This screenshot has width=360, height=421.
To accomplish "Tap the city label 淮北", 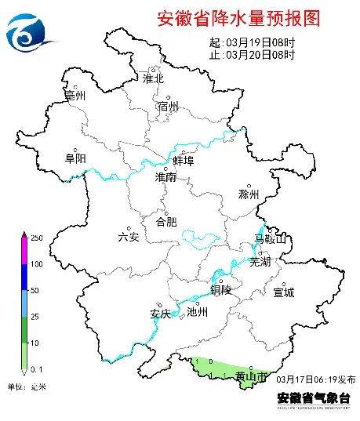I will tap(154, 78).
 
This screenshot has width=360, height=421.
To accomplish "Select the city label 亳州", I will tap(75, 96).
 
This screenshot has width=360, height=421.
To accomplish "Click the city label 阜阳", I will tap(75, 158).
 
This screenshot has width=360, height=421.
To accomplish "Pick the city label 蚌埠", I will tap(183, 161).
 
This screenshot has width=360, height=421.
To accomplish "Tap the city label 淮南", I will tap(165, 178).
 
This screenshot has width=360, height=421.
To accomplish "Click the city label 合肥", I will tap(166, 222).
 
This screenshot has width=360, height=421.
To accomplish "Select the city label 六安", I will tap(128, 237).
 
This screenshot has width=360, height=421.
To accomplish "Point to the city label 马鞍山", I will tap(271, 238).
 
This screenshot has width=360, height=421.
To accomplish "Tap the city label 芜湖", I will tap(260, 262).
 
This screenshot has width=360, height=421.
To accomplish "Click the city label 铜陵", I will tap(221, 289).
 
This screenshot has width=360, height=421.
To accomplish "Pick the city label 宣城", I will tap(283, 292).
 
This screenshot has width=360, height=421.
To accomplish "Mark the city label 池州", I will tap(198, 311).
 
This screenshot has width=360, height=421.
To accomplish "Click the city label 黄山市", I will tap(251, 377).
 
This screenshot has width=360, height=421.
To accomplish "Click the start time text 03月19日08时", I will tap(259, 42).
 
